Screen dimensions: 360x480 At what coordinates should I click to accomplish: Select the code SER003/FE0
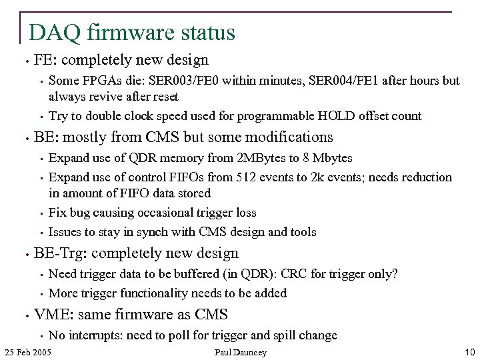189,81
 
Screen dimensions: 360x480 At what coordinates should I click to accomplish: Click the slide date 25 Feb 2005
27,352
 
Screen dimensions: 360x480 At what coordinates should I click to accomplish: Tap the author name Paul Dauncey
240,352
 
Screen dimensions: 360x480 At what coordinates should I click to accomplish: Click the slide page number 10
469,352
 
